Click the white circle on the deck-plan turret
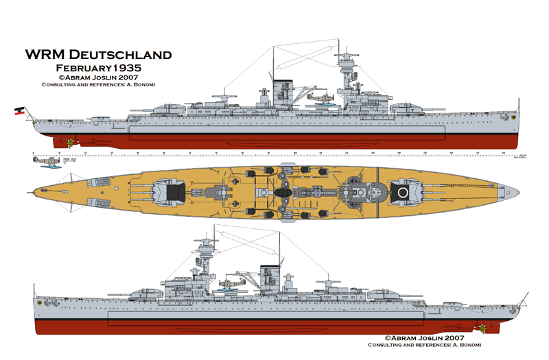(404, 193)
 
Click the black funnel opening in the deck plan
(282, 193)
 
